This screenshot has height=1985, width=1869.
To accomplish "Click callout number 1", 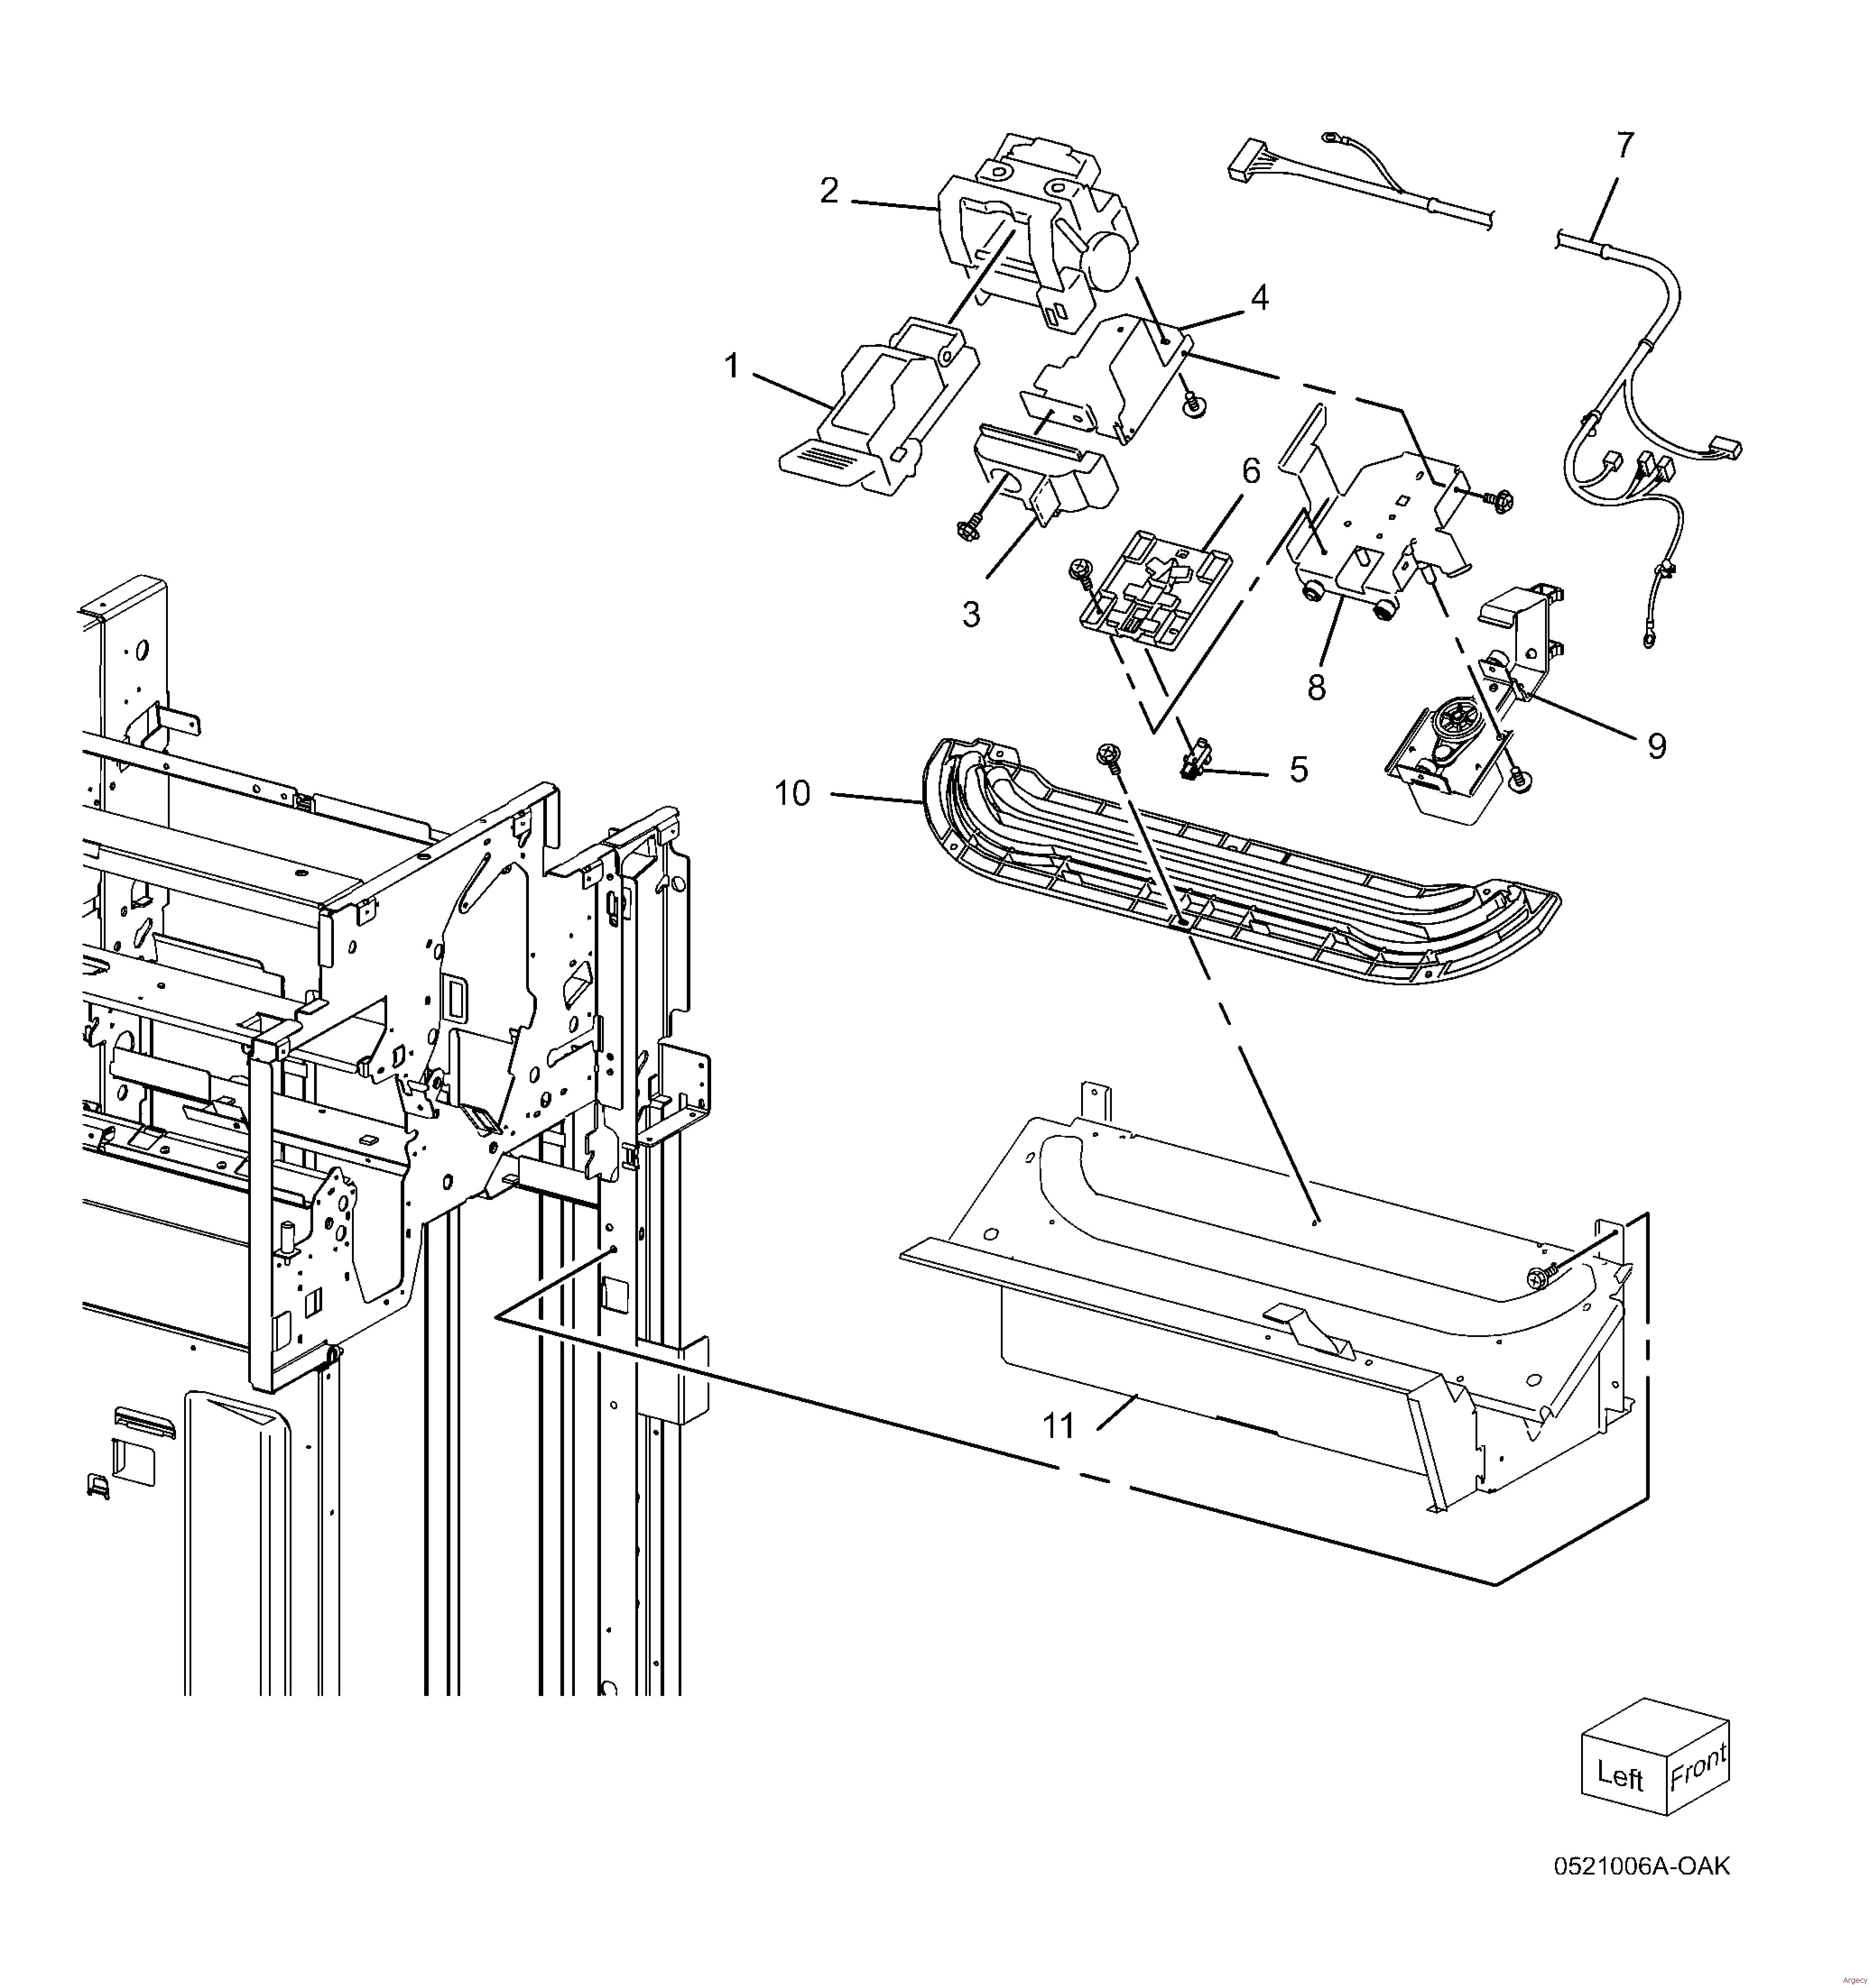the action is pos(732,368).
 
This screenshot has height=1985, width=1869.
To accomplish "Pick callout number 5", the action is pos(1299,770).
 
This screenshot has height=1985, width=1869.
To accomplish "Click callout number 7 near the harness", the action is pos(1625,146).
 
